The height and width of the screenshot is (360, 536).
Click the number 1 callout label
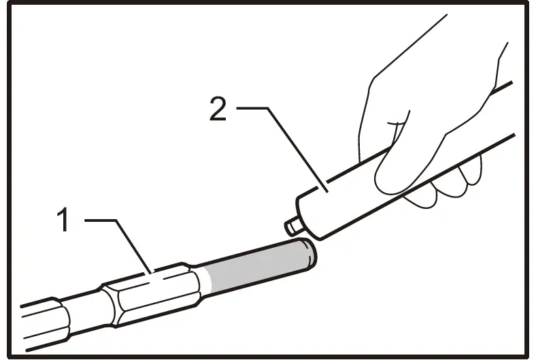63,220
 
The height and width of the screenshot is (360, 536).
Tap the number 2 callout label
218,108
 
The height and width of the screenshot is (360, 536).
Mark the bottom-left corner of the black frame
9,354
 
